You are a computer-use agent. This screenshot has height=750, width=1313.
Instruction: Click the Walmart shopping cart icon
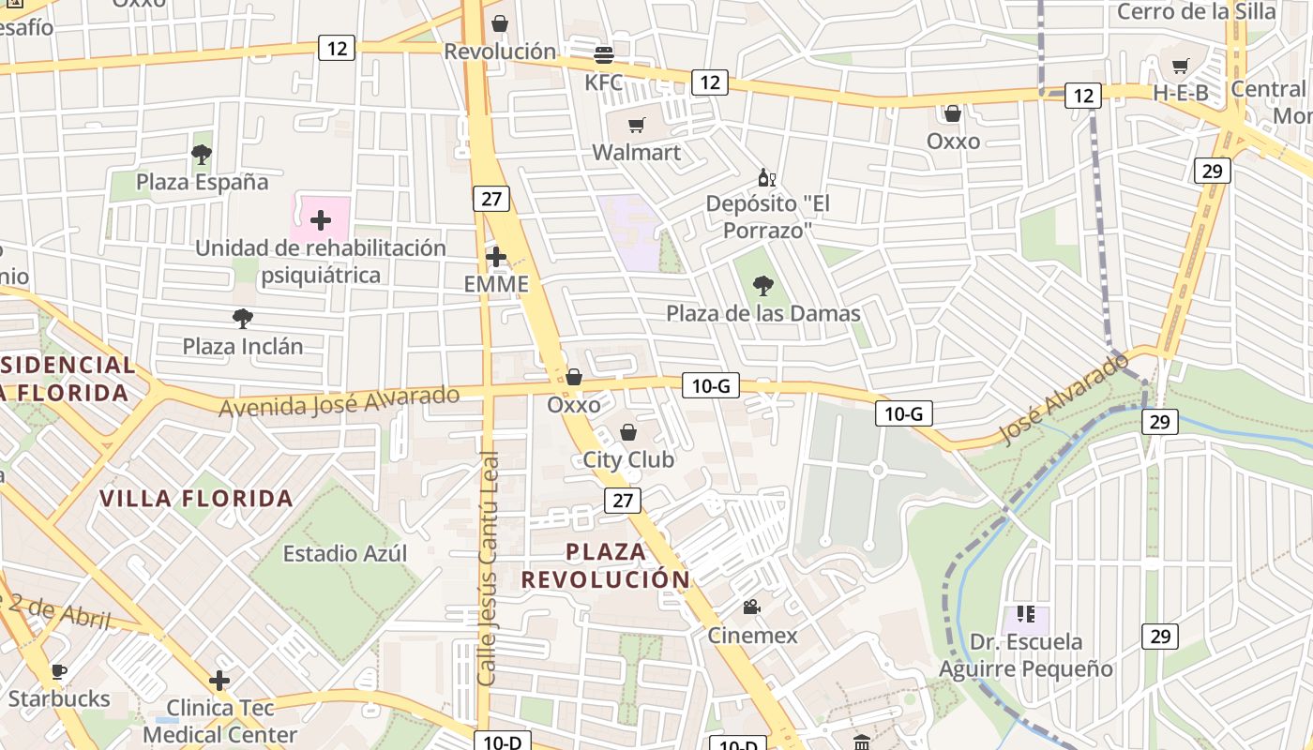click(637, 125)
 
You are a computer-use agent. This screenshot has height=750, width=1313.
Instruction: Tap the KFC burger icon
click(604, 54)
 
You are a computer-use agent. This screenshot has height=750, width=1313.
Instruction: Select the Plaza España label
click(202, 182)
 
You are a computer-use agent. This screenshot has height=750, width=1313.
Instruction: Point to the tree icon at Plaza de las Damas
click(763, 286)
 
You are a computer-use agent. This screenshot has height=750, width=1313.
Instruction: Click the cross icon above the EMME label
click(496, 256)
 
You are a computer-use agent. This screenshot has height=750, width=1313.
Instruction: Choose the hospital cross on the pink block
click(321, 220)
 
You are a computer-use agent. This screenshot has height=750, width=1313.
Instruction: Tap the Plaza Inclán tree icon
click(242, 319)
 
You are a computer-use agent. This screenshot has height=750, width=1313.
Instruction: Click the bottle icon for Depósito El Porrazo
click(766, 177)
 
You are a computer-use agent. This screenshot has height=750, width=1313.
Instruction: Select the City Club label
click(628, 459)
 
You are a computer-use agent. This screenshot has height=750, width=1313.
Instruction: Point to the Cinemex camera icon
click(751, 607)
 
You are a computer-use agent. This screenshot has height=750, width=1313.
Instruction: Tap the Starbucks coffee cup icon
click(58, 671)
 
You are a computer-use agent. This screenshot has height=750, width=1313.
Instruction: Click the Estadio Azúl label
click(345, 553)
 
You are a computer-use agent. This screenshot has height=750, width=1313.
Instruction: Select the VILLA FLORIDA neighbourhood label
click(197, 498)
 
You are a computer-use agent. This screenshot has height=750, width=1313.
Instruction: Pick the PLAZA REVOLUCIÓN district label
click(606, 565)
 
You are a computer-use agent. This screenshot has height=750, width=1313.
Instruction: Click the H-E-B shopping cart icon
click(1180, 66)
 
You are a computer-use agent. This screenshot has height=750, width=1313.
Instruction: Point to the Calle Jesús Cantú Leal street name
click(487, 568)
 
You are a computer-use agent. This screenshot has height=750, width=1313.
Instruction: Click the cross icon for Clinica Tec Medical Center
click(219, 680)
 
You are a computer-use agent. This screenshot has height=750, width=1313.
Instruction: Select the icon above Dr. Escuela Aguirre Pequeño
click(1025, 615)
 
